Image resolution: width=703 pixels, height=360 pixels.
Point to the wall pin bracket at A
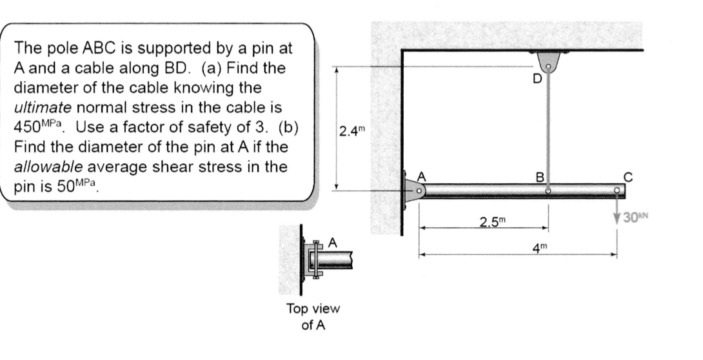coord(413,189)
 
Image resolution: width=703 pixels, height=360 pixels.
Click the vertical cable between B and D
coord(548,129)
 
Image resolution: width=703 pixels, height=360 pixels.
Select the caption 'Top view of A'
coord(313,317)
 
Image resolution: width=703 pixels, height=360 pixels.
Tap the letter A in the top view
coord(333,243)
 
